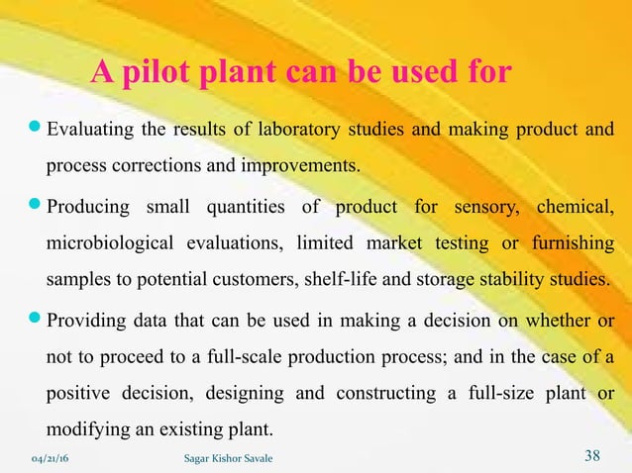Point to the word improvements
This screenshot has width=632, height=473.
point(305,163)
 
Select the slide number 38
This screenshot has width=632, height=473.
point(592,455)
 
